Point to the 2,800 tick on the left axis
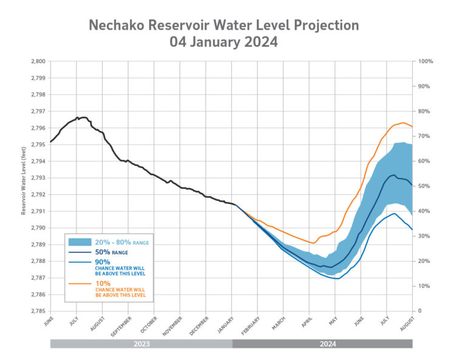coord(38,61)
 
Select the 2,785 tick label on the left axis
coord(38,311)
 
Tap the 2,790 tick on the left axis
coord(38,228)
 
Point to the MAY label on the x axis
coord(334,320)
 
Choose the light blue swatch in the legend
coord(80,242)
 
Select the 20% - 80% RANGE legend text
coord(121,243)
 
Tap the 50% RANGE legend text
coord(112,252)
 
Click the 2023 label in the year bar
coord(141,344)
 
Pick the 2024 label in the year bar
coord(322,344)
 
